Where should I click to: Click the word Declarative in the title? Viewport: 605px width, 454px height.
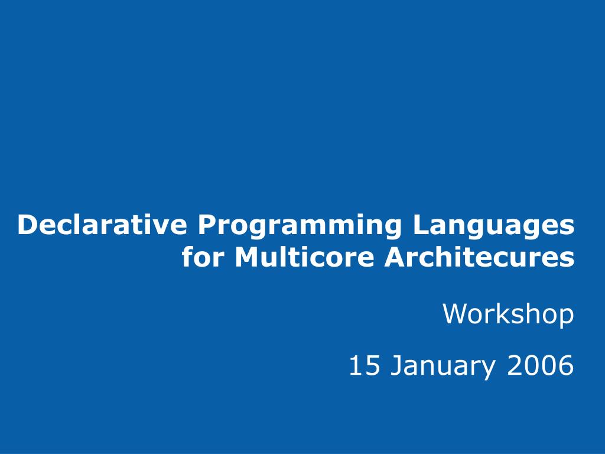coord(102,225)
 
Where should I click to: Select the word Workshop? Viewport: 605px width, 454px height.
coord(508,314)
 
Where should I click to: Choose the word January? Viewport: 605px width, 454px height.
coord(443,367)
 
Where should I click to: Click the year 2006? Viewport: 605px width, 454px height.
coord(540,365)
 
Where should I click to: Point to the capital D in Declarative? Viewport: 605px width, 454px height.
coord(28,225)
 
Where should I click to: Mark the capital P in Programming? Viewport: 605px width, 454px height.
coord(208,225)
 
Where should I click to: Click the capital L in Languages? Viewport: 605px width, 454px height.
coord(422,225)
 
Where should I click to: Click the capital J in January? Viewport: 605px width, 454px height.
coord(396,365)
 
